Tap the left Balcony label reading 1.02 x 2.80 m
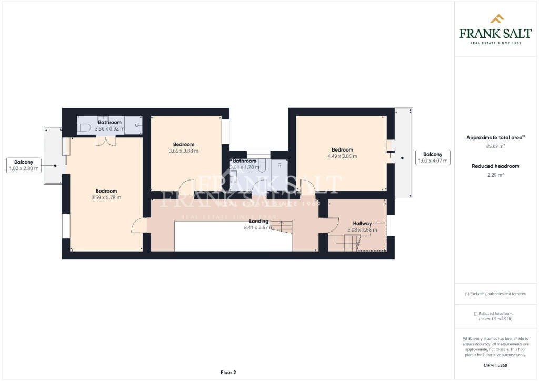coord(24,165)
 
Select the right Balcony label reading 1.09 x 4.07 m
coord(433,157)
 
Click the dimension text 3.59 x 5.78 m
coord(106,197)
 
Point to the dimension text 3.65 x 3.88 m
coord(184,151)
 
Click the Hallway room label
coord(362,224)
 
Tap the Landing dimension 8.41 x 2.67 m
coord(258,228)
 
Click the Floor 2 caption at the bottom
coord(228,373)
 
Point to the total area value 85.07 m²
coord(495,147)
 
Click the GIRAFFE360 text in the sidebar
coord(495,365)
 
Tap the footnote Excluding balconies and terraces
coord(495,294)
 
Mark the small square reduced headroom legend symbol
coord(476,313)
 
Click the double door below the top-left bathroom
coord(105,141)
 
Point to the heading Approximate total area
coord(495,138)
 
